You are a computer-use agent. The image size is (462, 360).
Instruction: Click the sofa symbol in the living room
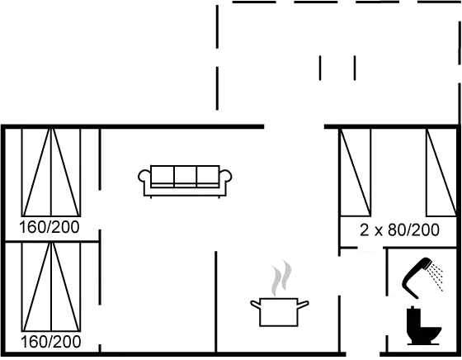click(185, 181)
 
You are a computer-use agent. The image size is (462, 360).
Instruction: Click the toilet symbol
click(424, 326)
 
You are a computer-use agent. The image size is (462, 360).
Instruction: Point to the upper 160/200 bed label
click(49, 227)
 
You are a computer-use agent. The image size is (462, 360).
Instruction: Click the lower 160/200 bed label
click(50, 342)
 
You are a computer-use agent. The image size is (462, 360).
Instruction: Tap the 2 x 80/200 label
click(399, 230)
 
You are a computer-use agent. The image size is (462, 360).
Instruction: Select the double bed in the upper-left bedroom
click(51, 172)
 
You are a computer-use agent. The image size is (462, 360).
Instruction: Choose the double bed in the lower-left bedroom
click(51, 287)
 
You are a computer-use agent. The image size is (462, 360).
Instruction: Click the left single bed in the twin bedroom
click(356, 172)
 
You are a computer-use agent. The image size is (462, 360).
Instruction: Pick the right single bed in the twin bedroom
click(441, 172)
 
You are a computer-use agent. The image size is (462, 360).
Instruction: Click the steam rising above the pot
click(281, 278)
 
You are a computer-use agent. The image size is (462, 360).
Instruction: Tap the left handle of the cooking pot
click(255, 304)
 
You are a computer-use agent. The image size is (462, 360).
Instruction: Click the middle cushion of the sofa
click(185, 175)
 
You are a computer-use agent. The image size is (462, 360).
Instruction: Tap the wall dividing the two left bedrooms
click(51, 241)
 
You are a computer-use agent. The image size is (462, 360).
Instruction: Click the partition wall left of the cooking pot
click(216, 301)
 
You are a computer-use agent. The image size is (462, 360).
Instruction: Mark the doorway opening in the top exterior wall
click(294, 127)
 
